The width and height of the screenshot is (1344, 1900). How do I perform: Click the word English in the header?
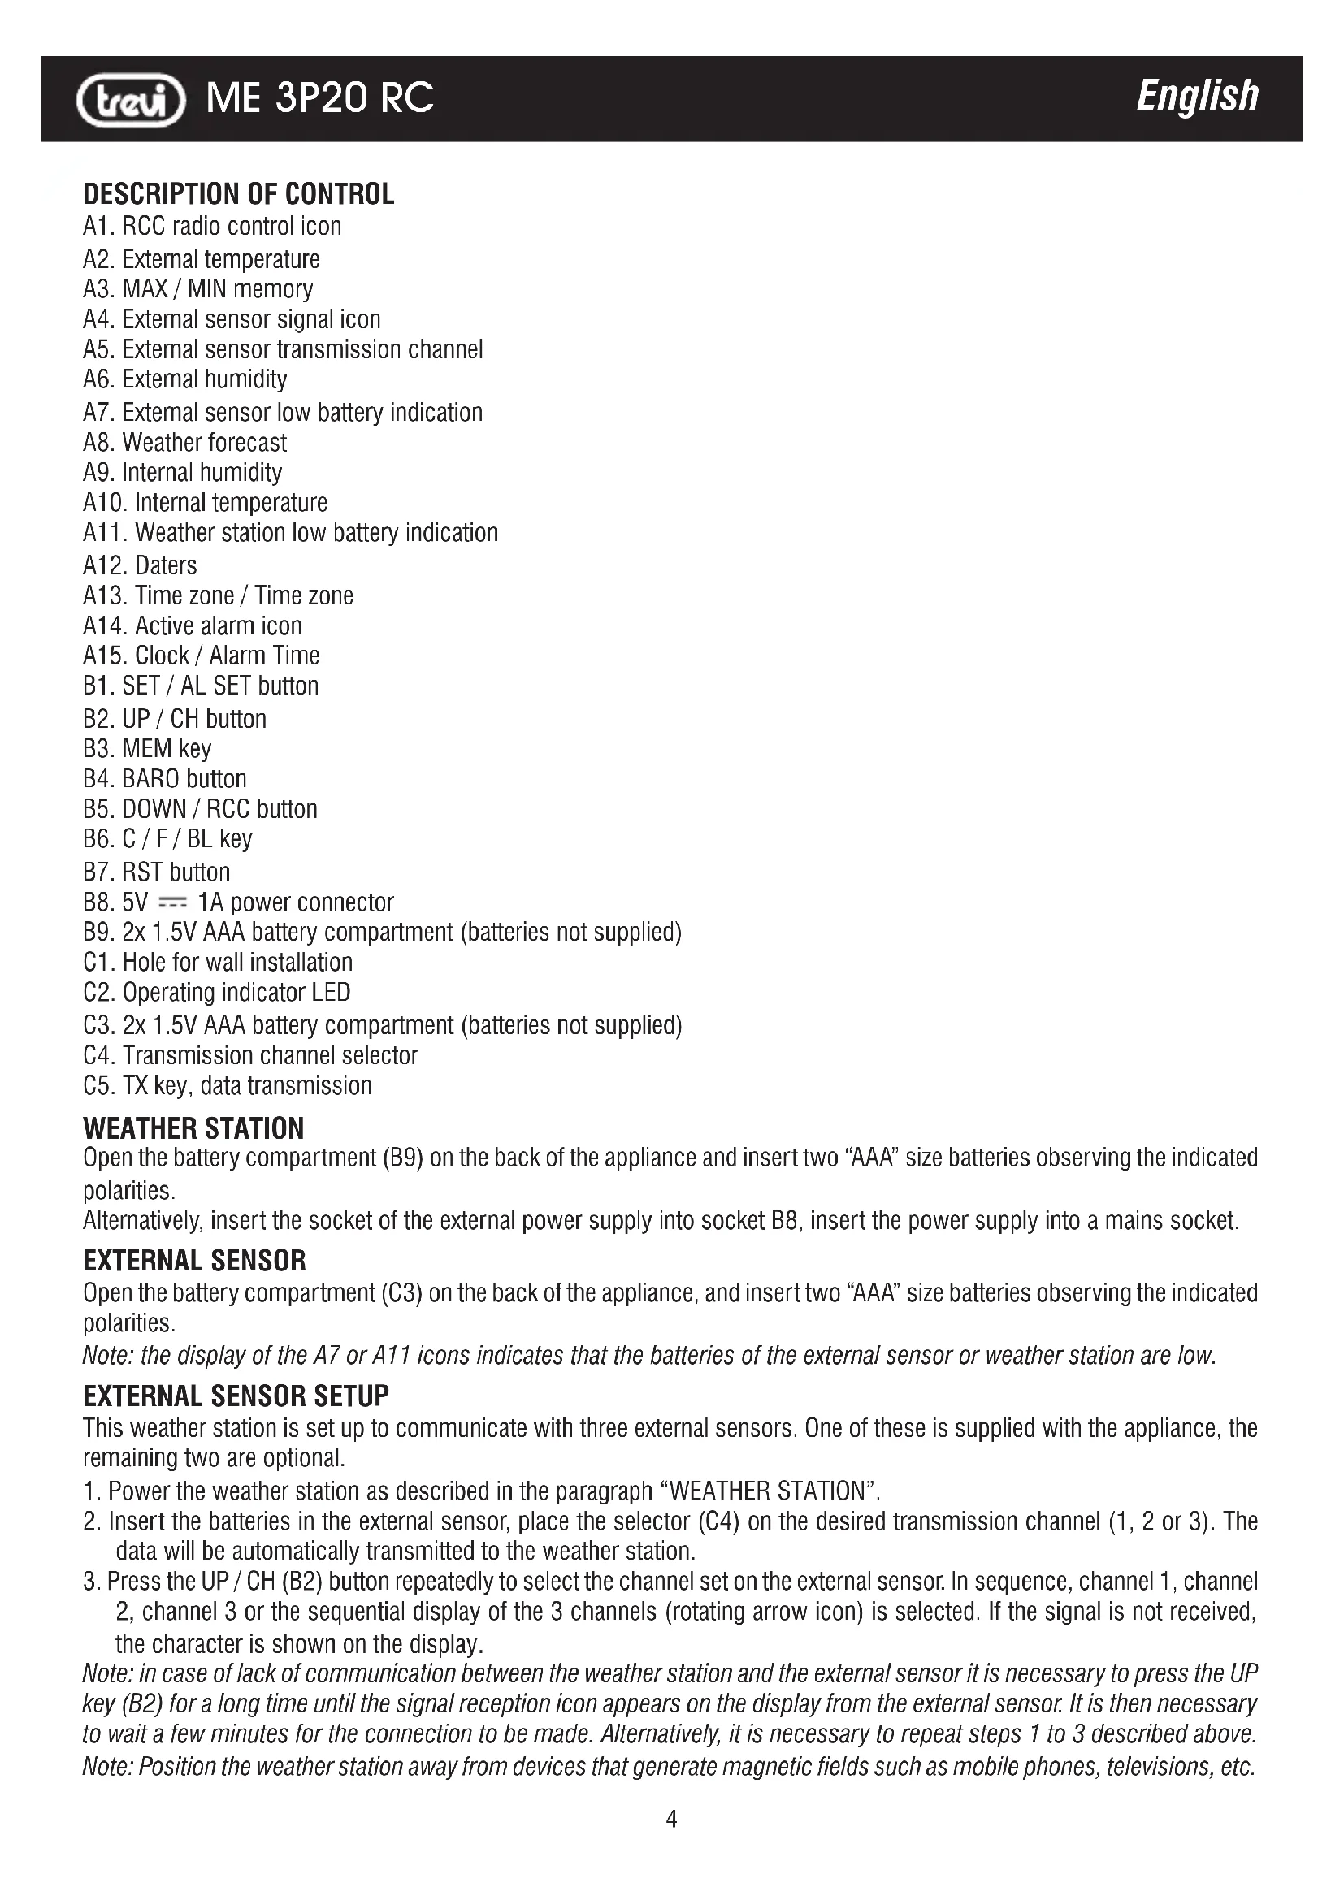tap(1197, 96)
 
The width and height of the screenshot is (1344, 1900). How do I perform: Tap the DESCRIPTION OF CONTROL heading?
tap(238, 194)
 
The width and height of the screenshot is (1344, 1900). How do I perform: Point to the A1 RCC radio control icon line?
tap(212, 227)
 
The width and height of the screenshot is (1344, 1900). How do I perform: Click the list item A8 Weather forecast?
tap(184, 443)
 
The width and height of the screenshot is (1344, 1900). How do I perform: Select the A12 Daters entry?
tap(140, 566)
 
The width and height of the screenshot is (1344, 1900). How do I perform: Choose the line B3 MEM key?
tap(147, 749)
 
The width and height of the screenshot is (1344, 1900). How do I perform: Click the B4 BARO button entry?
tap(165, 780)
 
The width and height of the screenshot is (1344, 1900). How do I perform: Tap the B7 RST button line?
tap(156, 872)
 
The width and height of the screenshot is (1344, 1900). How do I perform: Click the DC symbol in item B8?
tap(172, 902)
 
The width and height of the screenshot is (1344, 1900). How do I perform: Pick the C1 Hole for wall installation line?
tap(218, 963)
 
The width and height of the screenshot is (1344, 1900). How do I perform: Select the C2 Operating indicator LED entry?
tap(217, 992)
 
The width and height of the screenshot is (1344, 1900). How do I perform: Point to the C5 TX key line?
tap(228, 1086)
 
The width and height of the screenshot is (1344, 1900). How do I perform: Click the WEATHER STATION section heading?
tap(193, 1129)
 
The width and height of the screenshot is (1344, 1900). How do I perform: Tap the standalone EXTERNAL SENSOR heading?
tap(194, 1262)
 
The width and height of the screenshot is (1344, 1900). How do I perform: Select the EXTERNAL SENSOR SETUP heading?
tap(236, 1397)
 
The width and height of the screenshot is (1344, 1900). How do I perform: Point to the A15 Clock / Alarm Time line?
tap(201, 656)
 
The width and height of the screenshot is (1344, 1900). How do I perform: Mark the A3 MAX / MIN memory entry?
tap(197, 290)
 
